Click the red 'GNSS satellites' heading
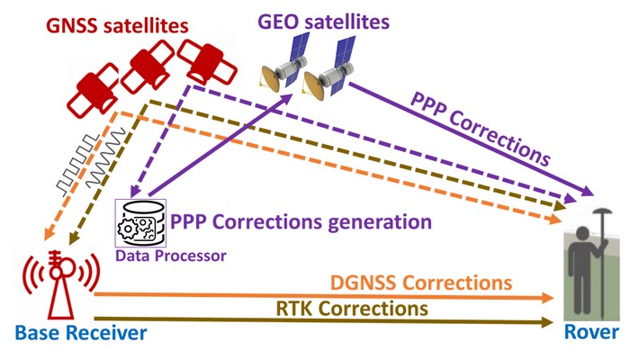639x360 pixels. coord(117,26)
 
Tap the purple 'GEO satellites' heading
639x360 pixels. coord(324,22)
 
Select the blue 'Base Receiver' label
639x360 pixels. coord(81,333)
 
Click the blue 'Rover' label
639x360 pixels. coord(591,332)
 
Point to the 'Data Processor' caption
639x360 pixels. coord(171,256)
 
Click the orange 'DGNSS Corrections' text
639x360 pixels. coord(421,283)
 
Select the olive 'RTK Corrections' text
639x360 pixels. coord(352,308)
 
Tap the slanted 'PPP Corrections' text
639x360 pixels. coord(481,129)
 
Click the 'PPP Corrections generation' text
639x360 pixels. coord(301,221)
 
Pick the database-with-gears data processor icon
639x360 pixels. coord(140,223)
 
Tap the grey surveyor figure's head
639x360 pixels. coord(581,234)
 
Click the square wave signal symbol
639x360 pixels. coord(77,163)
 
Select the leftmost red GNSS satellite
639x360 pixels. coord(93,91)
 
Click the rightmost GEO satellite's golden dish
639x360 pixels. coord(314,85)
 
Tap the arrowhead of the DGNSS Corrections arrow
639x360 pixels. coord(547,298)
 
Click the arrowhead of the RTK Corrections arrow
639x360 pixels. coord(547,322)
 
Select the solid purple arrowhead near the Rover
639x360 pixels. coord(587,191)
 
